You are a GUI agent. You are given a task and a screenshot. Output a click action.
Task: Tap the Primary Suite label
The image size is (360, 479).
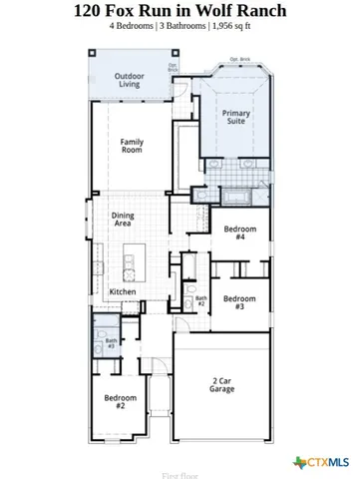pos(235,117)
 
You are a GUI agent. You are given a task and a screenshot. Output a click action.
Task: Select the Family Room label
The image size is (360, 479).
pos(132,146)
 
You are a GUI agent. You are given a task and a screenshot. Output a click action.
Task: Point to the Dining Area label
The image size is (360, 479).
pos(124,220)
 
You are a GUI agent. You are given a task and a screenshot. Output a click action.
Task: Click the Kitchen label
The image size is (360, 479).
pos(123,291)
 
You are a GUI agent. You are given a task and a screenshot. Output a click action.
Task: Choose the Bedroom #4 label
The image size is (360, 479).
pos(240,233)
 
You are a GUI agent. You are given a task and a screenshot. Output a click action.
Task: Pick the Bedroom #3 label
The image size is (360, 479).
pos(239,302)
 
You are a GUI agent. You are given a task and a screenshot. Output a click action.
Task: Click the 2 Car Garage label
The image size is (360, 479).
pos(222,384)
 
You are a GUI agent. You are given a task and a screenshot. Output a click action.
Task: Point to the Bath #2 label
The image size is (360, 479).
pos(200,299)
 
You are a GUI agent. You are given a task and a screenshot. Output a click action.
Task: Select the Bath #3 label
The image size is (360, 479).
pos(111,342)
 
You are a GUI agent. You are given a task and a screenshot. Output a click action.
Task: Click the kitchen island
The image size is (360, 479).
pos(129,265)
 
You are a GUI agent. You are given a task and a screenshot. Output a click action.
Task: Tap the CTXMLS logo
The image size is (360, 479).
pos(321,461)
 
